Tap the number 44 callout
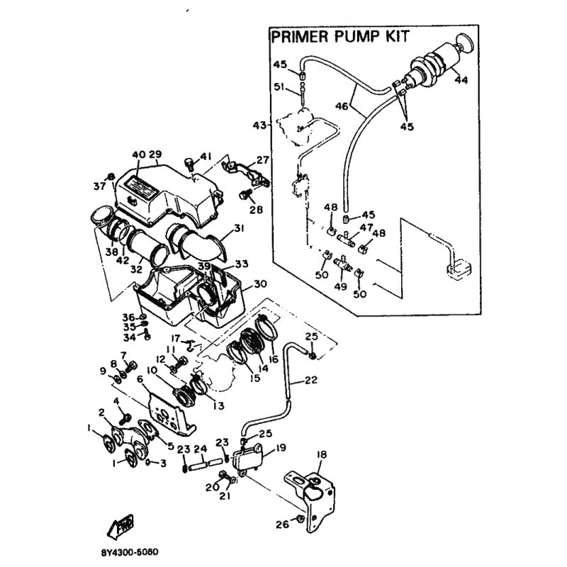pyautogui.click(x=461, y=80)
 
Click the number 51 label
pyautogui.click(x=279, y=88)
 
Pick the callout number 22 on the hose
pyautogui.click(x=310, y=380)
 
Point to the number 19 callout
pyautogui.click(x=281, y=448)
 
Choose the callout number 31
pyautogui.click(x=238, y=228)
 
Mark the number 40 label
pyautogui.click(x=138, y=154)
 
